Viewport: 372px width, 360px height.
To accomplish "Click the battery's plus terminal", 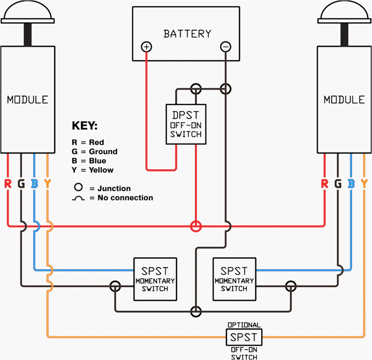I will click(x=147, y=47).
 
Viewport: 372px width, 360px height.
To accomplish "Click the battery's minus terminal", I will click(x=225, y=47).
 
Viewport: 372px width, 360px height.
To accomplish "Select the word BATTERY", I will click(x=187, y=34).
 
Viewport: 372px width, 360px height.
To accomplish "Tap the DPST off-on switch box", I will click(x=186, y=124).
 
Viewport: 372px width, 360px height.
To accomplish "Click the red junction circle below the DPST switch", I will click(x=196, y=226).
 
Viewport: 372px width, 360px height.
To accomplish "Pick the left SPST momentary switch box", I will click(x=156, y=279).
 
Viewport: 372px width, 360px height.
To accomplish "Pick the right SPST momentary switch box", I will click(x=234, y=279).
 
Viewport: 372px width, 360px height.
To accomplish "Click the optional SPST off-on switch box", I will click(x=244, y=337).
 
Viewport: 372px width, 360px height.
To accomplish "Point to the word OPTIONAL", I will click(x=244, y=325).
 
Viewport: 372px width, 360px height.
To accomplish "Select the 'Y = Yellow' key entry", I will click(x=92, y=170).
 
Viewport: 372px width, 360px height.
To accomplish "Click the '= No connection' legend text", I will click(x=121, y=198).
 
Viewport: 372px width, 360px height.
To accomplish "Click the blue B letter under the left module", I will click(x=35, y=184).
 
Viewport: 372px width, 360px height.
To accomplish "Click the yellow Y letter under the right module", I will click(x=364, y=184).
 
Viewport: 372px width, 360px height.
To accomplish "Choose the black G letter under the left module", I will click(x=21, y=184).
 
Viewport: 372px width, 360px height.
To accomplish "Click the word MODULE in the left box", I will click(x=28, y=100).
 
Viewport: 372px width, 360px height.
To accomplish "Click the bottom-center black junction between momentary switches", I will click(x=196, y=312).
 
